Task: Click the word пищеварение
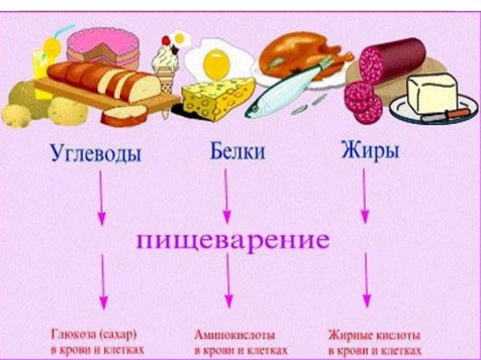(x=233, y=242)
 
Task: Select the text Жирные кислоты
(x=374, y=336)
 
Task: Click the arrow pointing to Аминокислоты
(x=228, y=282)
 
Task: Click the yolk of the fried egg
(x=217, y=64)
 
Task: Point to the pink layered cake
(x=103, y=47)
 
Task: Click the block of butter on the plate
(x=432, y=94)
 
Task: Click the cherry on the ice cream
(x=166, y=41)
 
